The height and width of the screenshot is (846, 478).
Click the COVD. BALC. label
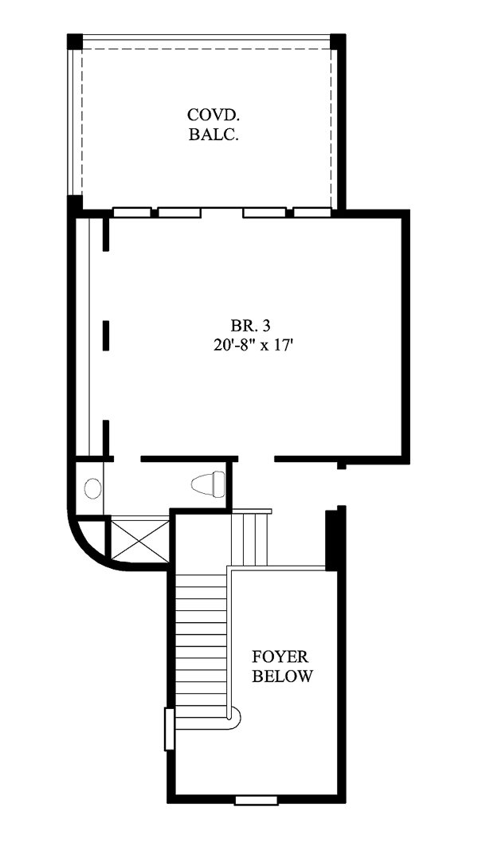(x=214, y=124)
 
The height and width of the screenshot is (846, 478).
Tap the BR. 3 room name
(x=250, y=325)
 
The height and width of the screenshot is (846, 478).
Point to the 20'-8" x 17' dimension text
(x=253, y=345)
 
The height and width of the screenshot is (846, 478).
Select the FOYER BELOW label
(x=281, y=666)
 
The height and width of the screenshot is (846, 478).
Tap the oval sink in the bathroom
(x=92, y=488)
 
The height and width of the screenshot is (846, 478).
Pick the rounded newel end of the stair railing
(x=234, y=716)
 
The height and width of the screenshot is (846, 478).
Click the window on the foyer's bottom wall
(x=257, y=800)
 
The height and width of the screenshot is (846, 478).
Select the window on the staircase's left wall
(x=170, y=729)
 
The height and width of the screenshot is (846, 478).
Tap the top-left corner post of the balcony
(x=74, y=41)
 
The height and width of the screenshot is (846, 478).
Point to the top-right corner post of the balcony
(x=338, y=41)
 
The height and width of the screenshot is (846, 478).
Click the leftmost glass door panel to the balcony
(x=132, y=213)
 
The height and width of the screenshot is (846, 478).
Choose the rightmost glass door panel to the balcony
(x=312, y=213)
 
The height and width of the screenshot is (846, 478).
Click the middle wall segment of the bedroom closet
(x=106, y=335)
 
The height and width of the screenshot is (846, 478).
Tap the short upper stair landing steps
(x=250, y=539)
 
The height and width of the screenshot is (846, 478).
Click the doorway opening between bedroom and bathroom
(x=127, y=459)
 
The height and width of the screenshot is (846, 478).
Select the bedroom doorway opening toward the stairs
(x=257, y=459)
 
